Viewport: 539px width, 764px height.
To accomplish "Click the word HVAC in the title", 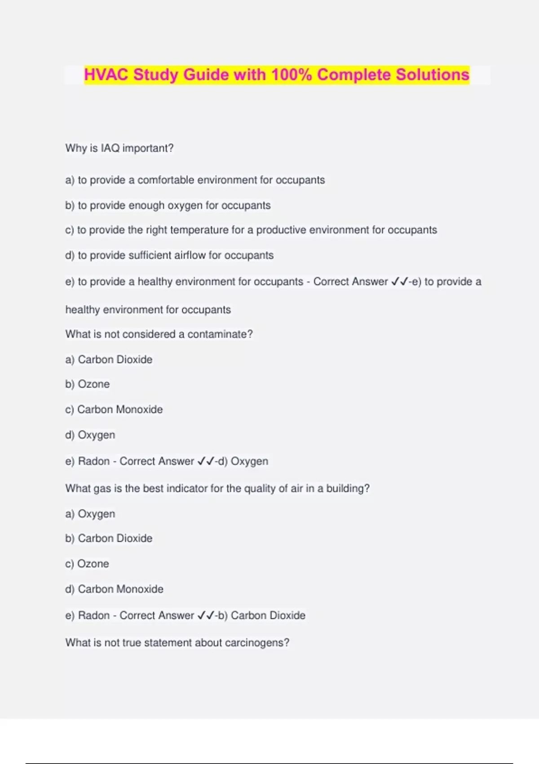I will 106,75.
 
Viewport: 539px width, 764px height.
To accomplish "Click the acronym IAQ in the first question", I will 110,148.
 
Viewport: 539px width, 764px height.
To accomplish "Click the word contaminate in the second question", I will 217,334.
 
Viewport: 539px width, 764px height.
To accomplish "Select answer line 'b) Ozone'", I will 88,384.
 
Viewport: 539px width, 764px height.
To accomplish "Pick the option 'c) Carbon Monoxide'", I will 114,409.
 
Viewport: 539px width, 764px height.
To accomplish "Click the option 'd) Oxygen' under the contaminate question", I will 90,435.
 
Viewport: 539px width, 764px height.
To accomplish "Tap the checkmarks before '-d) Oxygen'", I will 205,461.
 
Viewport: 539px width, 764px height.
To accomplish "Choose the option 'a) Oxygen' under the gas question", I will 90,514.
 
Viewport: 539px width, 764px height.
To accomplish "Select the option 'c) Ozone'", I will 87,564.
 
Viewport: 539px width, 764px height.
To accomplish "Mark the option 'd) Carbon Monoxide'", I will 115,589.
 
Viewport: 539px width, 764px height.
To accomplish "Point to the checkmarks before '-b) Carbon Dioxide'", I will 205,615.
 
